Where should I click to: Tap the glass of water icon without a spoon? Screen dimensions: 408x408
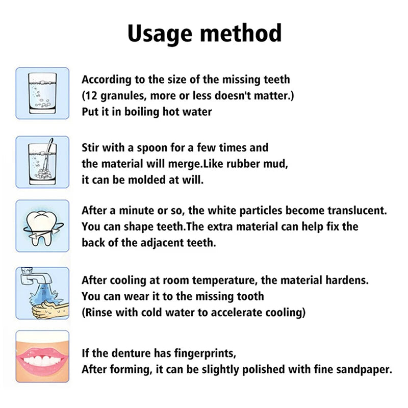42,93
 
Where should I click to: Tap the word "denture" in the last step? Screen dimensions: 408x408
129,353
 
